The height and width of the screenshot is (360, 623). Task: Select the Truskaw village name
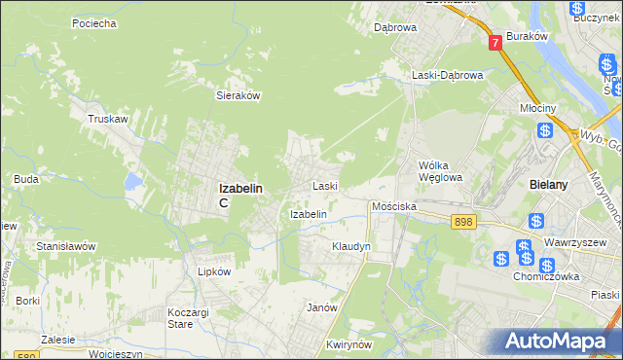click(108, 119)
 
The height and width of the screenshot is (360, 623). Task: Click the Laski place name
click(324, 185)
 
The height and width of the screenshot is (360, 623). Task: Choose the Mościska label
click(394, 207)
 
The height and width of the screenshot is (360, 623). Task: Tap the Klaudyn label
click(351, 247)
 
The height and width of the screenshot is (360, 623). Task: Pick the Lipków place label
click(214, 272)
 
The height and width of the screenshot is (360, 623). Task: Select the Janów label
click(321, 307)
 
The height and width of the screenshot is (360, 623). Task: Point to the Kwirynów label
click(350, 345)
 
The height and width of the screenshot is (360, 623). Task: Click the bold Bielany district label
click(552, 184)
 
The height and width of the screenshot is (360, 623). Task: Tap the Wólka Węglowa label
click(441, 171)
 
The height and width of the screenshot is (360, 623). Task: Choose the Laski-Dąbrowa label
click(447, 75)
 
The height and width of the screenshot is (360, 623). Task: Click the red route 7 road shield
click(496, 43)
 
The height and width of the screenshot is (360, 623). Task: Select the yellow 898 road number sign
click(464, 223)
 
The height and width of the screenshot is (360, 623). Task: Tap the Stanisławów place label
click(65, 247)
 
